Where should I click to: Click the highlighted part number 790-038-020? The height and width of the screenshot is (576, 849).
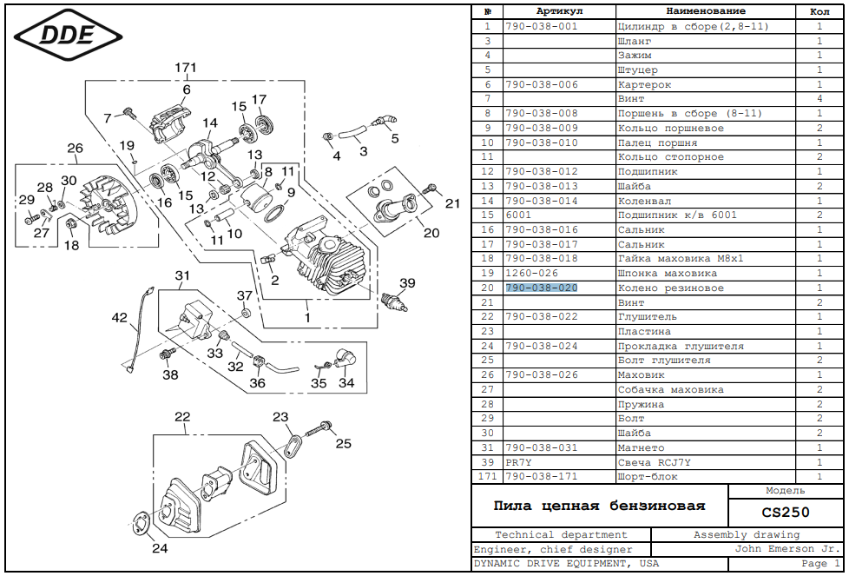pyautogui.click(x=541, y=288)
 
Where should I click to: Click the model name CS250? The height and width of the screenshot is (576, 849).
pyautogui.click(x=785, y=513)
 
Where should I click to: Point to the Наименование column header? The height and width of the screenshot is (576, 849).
pyautogui.click(x=705, y=11)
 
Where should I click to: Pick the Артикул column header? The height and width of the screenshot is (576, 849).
pyautogui.click(x=559, y=11)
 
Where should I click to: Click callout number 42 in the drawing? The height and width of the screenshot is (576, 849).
pyautogui.click(x=119, y=318)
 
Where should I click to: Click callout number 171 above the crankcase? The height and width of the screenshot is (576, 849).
pyautogui.click(x=186, y=68)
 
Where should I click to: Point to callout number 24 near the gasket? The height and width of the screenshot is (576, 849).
pyautogui.click(x=160, y=548)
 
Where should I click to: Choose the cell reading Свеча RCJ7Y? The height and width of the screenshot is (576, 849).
pyautogui.click(x=654, y=462)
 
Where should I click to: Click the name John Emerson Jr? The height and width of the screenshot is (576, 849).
pyautogui.click(x=786, y=549)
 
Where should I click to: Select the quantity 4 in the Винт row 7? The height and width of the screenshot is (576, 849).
pyautogui.click(x=819, y=99)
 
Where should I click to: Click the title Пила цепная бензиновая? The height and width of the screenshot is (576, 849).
pyautogui.click(x=599, y=506)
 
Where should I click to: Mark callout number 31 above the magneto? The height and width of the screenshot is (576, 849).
pyautogui.click(x=182, y=276)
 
